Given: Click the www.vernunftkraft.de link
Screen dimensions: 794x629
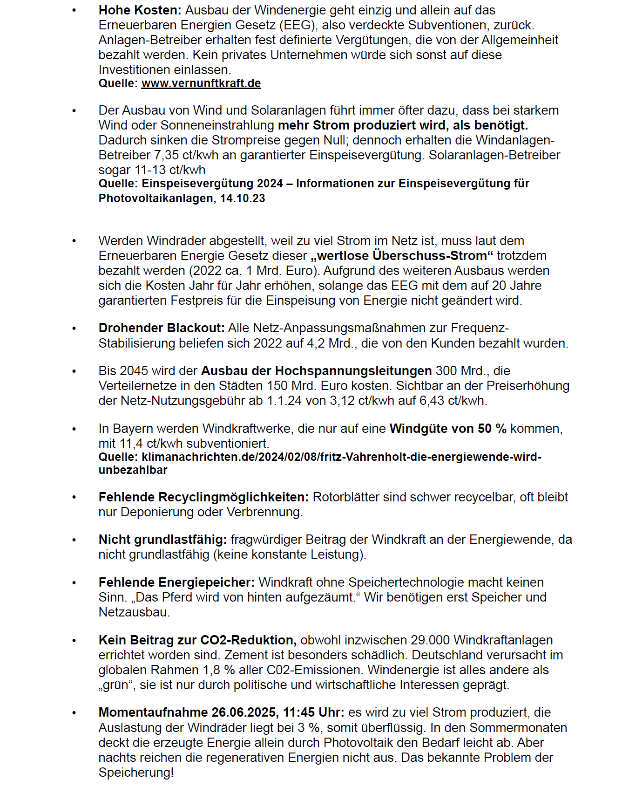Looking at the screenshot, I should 201,83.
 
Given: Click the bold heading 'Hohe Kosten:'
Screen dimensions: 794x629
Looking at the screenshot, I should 140,10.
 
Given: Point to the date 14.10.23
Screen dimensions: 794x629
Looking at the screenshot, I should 243,198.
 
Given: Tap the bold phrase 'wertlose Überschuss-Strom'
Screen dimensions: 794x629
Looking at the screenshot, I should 402,256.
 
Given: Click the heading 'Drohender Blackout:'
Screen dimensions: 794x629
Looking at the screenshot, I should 162,329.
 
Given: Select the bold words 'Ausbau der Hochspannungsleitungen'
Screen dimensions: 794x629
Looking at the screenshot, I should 317,371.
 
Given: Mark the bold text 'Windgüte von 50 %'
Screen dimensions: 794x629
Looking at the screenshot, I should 448,429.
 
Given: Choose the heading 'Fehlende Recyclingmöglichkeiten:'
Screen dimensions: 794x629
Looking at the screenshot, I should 203,497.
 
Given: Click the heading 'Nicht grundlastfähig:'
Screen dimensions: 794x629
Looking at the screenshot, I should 162,540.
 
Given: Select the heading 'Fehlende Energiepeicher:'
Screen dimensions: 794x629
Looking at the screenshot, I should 176,582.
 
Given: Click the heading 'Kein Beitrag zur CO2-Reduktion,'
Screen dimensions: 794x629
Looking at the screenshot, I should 197,640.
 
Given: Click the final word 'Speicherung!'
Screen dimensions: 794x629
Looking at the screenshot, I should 136,773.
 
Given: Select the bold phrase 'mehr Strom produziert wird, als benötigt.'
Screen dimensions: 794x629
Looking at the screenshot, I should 403,125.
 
